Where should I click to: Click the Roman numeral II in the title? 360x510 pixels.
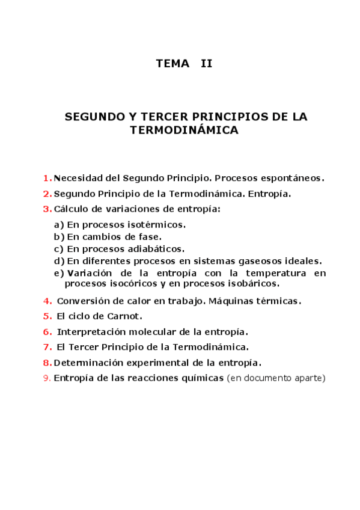click(x=206, y=63)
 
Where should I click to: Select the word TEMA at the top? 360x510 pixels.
click(x=172, y=63)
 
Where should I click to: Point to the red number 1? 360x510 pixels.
click(x=46, y=178)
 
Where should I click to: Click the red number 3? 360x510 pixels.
click(x=46, y=209)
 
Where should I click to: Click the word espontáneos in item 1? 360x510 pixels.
click(x=296, y=178)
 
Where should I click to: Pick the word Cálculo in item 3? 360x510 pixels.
click(x=72, y=209)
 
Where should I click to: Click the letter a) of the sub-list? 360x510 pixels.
click(x=59, y=225)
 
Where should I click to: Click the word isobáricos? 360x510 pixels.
click(x=249, y=283)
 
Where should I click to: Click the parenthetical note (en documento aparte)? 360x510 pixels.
click(x=276, y=378)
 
